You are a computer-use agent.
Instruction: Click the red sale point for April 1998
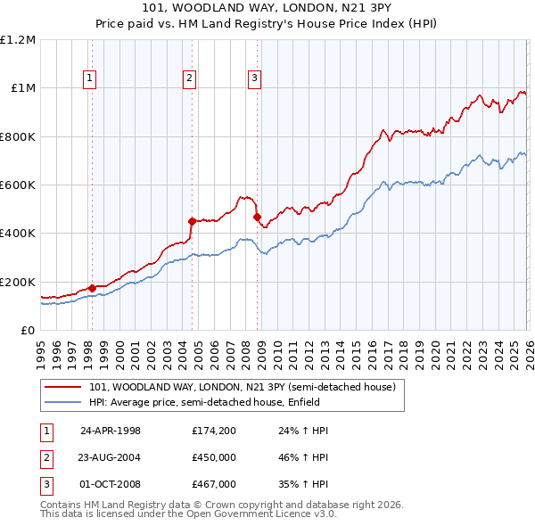click(x=92, y=288)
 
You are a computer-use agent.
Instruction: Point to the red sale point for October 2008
click(x=257, y=217)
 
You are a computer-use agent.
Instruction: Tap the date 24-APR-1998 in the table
click(x=111, y=431)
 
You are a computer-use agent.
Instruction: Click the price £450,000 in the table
click(x=214, y=457)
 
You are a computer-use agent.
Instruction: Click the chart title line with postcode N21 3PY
click(x=267, y=6)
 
